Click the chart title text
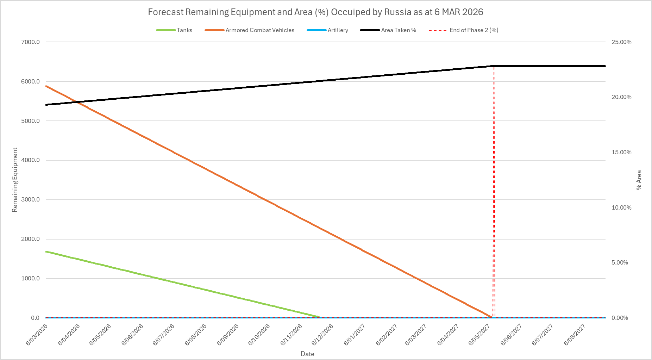point(315,12)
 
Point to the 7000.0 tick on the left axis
point(31,42)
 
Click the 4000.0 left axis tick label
point(31,160)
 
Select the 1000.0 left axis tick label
point(31,279)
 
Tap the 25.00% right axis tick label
point(621,42)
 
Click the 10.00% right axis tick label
point(621,207)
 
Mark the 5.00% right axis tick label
point(620,263)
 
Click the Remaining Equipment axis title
point(15,180)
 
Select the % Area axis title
point(639,180)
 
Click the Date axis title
point(307,354)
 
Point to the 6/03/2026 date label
point(37,334)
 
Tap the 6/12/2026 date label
point(322,334)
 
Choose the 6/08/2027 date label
point(575,334)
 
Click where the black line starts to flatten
point(492,66)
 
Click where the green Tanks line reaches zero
point(321,317)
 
